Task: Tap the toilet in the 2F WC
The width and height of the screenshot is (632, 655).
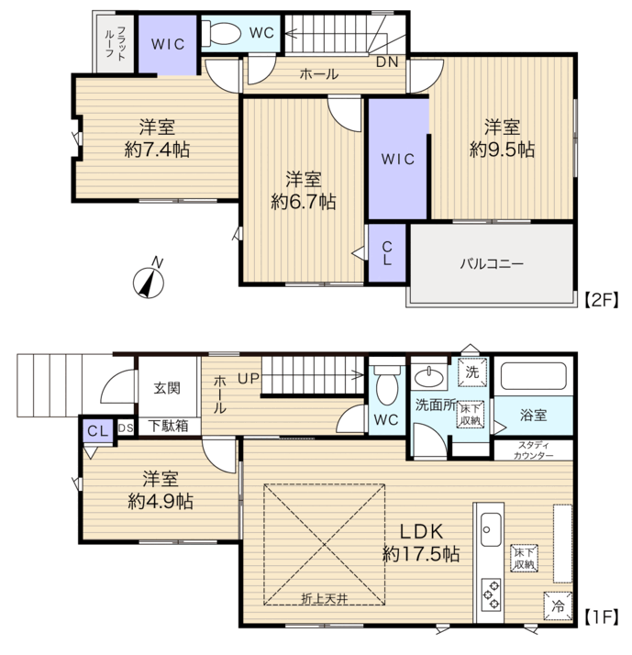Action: [x=221, y=33]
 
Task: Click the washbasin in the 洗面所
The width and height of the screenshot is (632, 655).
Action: [x=429, y=378]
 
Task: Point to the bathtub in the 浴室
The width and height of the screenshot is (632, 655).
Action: [x=534, y=376]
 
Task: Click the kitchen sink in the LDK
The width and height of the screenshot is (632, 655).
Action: [x=491, y=529]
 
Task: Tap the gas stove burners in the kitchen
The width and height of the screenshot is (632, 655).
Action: [x=491, y=594]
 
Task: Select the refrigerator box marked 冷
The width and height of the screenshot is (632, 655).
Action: [x=558, y=606]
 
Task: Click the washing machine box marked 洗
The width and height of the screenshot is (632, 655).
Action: [x=472, y=372]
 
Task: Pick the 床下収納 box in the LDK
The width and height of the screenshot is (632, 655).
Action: [x=524, y=558]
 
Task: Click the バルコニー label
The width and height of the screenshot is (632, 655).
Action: [x=492, y=264]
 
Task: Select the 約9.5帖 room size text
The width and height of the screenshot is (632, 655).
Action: [x=502, y=150]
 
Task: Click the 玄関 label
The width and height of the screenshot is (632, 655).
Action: [x=167, y=388]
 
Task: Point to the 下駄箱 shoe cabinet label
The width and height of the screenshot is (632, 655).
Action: [x=169, y=426]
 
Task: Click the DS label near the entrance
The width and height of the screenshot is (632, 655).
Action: [x=126, y=428]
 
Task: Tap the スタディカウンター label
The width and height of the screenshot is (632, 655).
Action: [x=534, y=450]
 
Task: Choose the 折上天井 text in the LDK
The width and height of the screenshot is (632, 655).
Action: [x=324, y=599]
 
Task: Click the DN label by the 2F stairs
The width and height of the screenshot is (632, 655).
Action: [x=387, y=62]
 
